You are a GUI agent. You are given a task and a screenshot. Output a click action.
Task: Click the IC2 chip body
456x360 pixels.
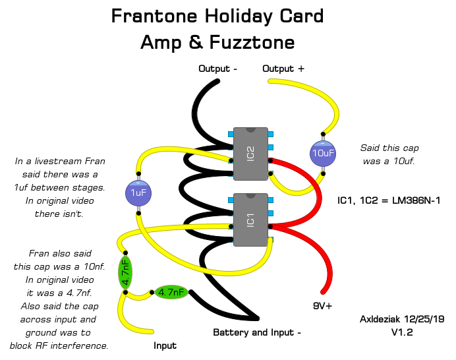(250, 154)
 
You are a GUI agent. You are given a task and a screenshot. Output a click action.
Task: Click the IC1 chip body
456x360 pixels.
(250, 220)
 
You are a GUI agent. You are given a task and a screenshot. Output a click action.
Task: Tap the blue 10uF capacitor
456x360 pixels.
(323, 153)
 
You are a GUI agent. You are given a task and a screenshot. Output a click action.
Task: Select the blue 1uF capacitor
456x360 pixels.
(138, 193)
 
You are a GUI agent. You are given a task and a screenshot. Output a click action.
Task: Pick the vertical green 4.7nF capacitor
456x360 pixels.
(125, 272)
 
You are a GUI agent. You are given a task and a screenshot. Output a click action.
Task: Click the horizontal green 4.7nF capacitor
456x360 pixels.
(171, 291)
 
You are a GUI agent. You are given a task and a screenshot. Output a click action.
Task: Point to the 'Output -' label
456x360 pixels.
(217, 69)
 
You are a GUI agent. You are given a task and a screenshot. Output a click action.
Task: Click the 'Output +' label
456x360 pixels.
(283, 69)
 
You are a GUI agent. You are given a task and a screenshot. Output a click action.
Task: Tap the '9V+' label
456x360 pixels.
(322, 306)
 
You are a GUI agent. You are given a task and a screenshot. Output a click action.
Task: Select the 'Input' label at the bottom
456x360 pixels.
(165, 345)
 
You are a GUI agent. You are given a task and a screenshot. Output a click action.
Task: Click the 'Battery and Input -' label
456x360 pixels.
(257, 332)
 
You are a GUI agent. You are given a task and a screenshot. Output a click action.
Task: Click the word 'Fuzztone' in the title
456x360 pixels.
(253, 42)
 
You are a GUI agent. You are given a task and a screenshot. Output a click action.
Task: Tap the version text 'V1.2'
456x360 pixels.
(402, 332)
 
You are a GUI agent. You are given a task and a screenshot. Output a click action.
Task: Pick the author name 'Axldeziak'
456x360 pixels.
(381, 319)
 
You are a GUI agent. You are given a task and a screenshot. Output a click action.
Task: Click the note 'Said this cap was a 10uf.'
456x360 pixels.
(389, 154)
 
